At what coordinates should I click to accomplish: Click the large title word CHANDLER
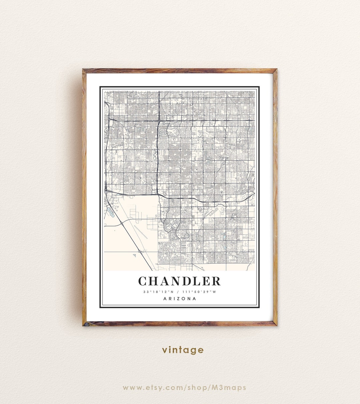click(180, 281)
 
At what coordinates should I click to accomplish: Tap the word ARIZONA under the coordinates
click(180, 299)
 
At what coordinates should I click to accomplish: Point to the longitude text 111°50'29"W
click(200, 292)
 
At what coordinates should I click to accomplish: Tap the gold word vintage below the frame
click(183, 350)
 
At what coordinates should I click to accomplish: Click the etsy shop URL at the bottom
click(184, 387)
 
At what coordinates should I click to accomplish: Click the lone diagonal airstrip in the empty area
click(141, 232)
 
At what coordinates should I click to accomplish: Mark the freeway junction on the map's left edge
click(106, 190)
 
